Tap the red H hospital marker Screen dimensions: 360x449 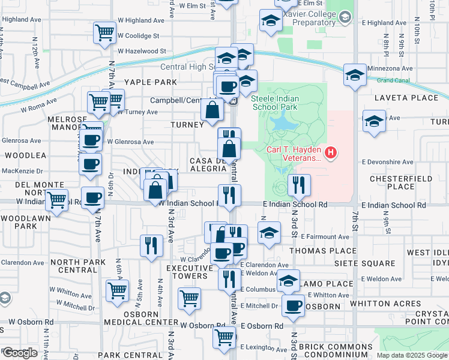pos(330,154)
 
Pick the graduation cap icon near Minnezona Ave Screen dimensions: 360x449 pos(355,76)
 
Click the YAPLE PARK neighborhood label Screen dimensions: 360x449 pos(150,82)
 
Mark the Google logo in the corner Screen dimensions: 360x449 pos(20,353)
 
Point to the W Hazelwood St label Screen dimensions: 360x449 pos(142,52)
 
